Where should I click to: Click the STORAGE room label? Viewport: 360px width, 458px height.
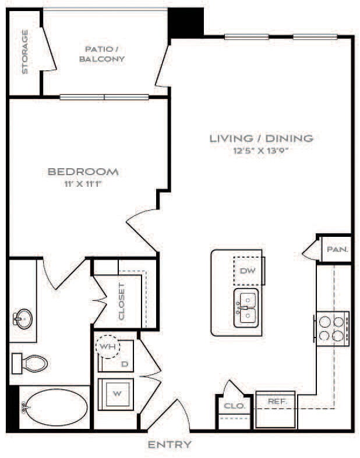(25, 52)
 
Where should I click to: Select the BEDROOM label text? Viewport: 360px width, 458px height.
(83, 172)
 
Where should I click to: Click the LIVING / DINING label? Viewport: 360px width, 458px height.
(261, 139)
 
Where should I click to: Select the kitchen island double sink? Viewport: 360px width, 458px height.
(247, 307)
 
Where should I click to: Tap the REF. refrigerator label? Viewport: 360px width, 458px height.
(275, 402)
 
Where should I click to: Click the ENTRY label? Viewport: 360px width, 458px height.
(169, 445)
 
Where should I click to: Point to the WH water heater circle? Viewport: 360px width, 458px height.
(107, 346)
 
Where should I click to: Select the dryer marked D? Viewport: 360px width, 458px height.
(123, 363)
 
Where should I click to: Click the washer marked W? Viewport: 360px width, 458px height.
(117, 394)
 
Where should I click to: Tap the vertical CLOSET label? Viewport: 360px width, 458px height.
(121, 301)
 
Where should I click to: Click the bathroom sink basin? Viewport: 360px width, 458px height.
(23, 319)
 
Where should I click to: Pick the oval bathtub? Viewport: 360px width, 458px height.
(55, 407)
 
